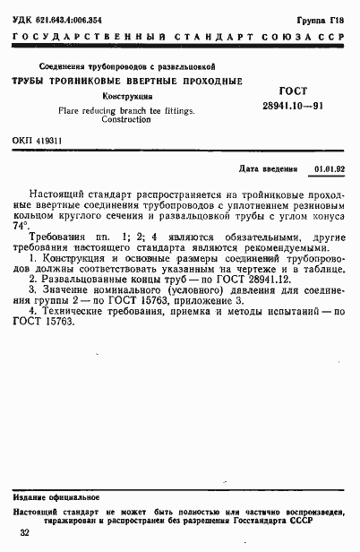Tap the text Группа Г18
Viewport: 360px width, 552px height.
[323, 18]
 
